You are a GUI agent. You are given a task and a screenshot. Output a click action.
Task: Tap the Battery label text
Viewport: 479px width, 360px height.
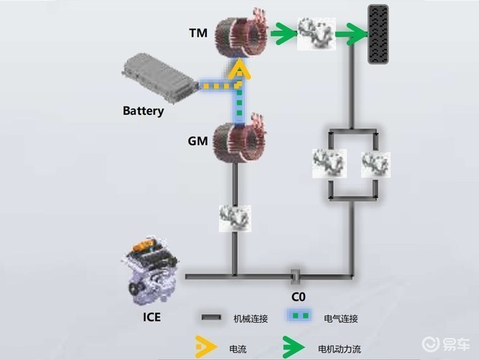[x=143, y=111]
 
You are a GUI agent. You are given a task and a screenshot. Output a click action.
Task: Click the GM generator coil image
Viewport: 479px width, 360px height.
[x=239, y=140]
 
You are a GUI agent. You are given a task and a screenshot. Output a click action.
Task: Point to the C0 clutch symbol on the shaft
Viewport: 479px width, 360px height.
[x=296, y=273]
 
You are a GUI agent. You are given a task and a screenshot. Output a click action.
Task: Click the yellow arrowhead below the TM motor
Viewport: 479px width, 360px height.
[x=239, y=73]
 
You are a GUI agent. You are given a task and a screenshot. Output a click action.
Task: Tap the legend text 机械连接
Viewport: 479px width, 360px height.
[x=250, y=318]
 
